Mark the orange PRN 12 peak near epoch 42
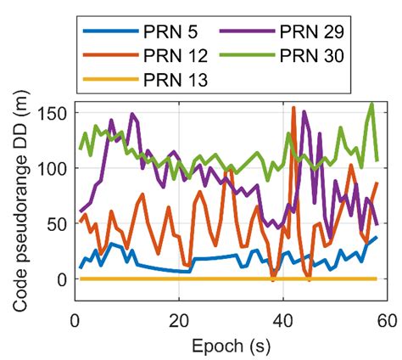click(x=293, y=108)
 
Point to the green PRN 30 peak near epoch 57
click(x=372, y=104)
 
